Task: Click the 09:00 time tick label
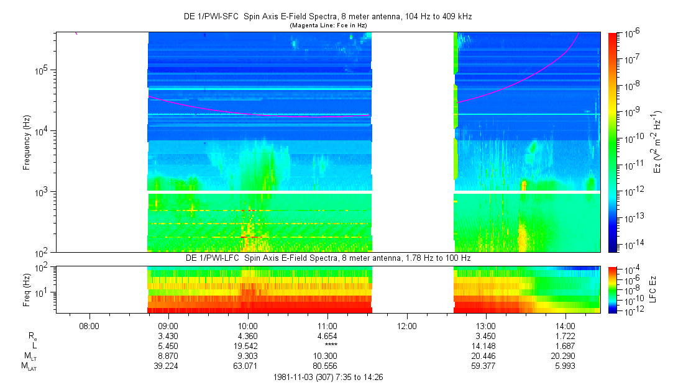pos(168,325)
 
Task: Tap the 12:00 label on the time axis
pos(406,325)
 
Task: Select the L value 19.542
pos(248,346)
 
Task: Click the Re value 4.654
pos(327,335)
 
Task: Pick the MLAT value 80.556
pos(327,366)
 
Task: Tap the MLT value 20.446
pos(486,356)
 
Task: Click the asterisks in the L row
pos(327,346)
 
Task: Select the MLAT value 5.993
pos(565,366)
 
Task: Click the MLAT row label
pos(29,366)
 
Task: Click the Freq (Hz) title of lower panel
pos(27,289)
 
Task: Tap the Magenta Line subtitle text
pos(329,25)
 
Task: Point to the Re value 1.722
pos(565,335)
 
